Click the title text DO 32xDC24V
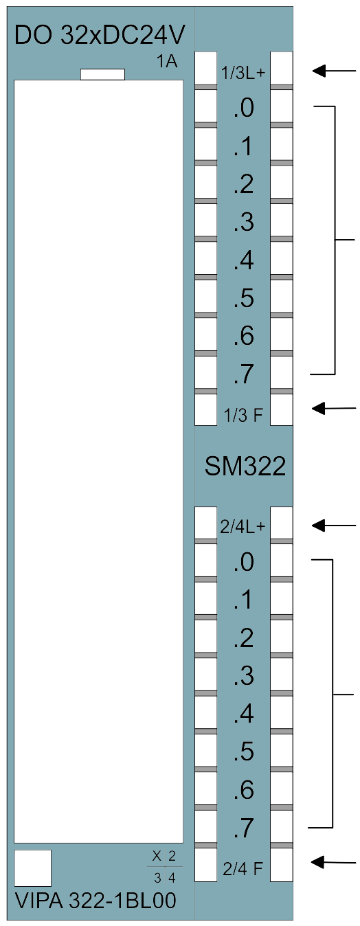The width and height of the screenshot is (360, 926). pos(100,35)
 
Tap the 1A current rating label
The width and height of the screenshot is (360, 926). pos(166,62)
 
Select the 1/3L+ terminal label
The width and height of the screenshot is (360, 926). pos(243,74)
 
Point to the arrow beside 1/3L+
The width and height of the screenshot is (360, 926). pos(334,71)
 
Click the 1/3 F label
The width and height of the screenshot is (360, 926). pos(243,415)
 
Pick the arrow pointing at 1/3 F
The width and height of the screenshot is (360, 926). pos(334,409)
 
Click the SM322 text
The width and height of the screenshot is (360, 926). pos(245,466)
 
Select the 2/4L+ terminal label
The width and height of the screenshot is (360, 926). pos(243,527)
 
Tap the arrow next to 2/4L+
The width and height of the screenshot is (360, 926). pos(334,526)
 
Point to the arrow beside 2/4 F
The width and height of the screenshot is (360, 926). pos(333,862)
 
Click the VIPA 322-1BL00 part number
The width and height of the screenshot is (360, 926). pos(95,901)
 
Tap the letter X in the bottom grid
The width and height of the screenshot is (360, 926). pos(157,856)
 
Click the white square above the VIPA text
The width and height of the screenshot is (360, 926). pos(33,868)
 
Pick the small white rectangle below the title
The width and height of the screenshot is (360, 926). pos(102,74)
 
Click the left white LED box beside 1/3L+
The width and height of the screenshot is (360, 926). pos(206,68)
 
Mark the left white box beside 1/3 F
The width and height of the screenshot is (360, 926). pos(206,409)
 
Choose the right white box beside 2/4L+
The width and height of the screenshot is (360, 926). pos(282,523)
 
